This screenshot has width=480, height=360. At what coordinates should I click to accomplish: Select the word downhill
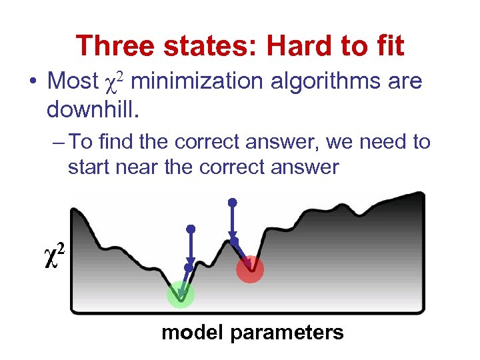pos(93,108)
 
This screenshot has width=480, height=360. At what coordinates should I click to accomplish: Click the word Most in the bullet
pos(73,82)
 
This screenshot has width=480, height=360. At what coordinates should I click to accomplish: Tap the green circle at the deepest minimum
pos(180,294)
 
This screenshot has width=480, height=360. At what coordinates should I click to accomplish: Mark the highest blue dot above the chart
pos(232,201)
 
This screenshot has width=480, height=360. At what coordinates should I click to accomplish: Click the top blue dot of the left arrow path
pos(191,229)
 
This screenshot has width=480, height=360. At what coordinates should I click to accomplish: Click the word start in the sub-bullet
pos(89,167)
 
